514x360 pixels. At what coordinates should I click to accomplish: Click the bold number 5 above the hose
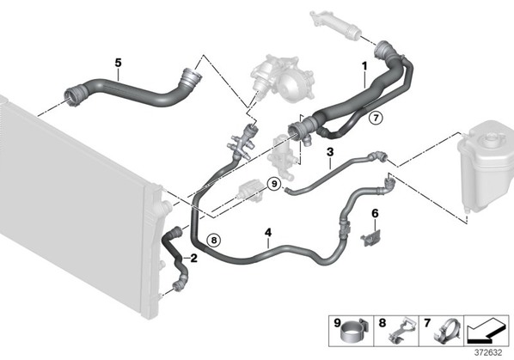118,63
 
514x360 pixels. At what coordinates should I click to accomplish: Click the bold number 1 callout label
364,66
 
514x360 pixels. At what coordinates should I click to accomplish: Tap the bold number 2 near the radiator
193,259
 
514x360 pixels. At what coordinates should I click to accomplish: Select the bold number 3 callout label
330,152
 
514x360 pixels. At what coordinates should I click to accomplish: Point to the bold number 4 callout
268,233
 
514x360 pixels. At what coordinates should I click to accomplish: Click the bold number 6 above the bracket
375,214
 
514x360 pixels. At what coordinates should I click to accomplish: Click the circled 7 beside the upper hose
376,117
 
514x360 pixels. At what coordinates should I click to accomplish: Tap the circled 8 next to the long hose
214,241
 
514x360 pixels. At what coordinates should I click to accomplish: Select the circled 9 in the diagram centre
274,184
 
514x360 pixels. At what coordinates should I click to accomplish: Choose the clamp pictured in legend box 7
446,331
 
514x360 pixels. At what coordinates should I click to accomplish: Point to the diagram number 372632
488,352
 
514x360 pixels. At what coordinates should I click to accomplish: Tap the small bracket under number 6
370,238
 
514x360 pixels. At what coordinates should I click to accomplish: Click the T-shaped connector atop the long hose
242,142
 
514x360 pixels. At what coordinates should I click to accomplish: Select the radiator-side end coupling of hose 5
75,95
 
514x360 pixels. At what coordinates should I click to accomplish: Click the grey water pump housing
282,79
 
